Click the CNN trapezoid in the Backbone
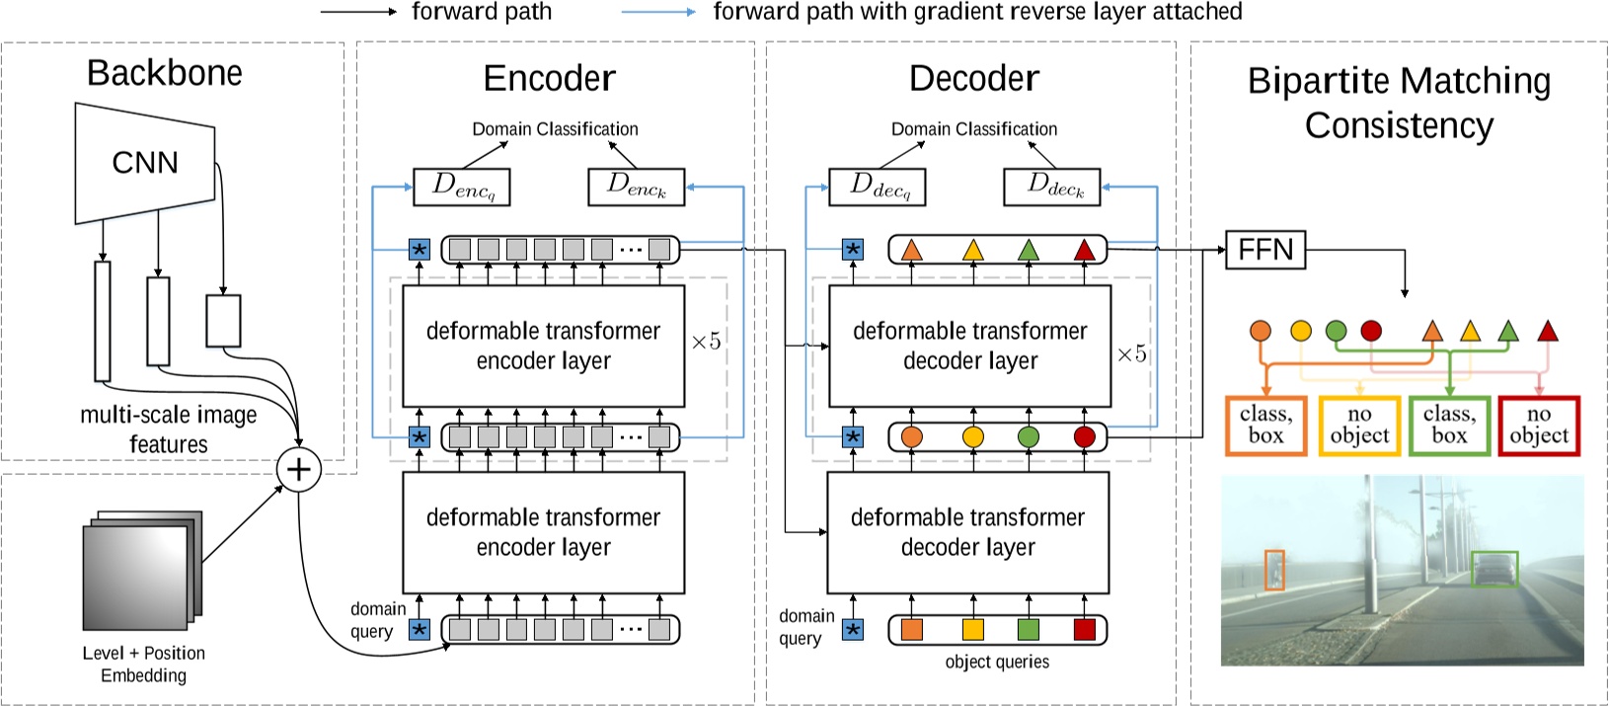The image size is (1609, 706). coord(145,163)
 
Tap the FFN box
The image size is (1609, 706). coord(1264,250)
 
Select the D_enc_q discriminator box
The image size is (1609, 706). coord(461,187)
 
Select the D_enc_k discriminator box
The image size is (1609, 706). coord(636,187)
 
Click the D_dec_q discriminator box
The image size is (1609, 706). coord(876,187)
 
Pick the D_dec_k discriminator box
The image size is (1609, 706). coord(1051,187)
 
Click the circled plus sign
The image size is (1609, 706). coord(299,469)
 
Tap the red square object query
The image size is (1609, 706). coord(1084,629)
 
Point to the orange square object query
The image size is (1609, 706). coord(911,629)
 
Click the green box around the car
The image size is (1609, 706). coord(1494,569)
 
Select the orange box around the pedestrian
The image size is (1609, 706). coord(1274,570)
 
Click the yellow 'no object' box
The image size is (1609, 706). coord(1359,426)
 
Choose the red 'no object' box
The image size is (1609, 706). coord(1539,426)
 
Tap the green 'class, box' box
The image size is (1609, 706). coord(1449,426)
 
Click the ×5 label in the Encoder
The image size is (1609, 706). coord(706,342)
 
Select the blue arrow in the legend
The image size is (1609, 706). coord(658,12)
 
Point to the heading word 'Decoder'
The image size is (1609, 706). coord(973,79)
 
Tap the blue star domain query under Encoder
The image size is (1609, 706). coord(420,629)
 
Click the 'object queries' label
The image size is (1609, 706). coord(997,662)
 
